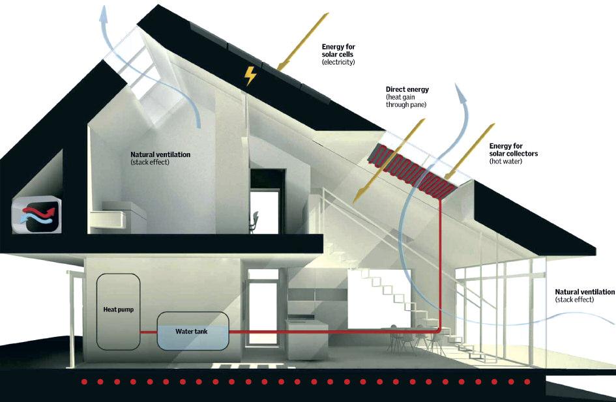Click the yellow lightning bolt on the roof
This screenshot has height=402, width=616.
pos(250,76)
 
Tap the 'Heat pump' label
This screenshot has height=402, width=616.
pos(118,309)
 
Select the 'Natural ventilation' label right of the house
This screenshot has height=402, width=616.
pos(584,293)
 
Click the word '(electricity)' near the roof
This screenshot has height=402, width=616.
pos(338,62)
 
